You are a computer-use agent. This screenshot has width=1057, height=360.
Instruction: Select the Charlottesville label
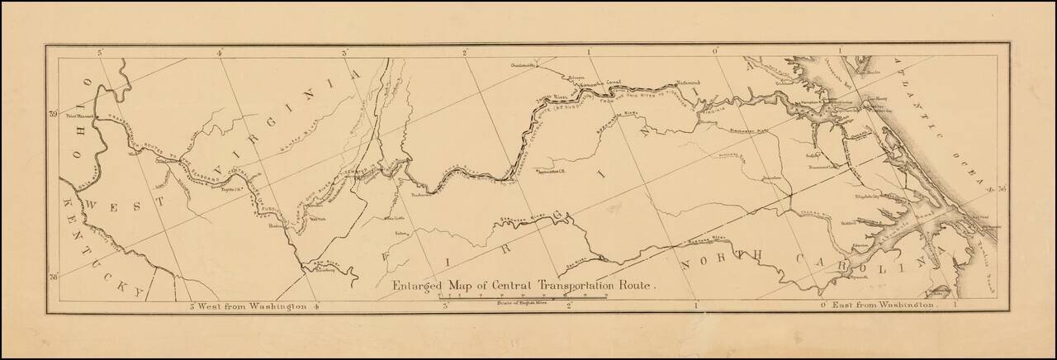[x=524, y=64]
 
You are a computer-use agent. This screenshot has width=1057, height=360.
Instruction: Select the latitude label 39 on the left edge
[x=54, y=114]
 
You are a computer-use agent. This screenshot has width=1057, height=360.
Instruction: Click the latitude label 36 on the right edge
[x=1002, y=188]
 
